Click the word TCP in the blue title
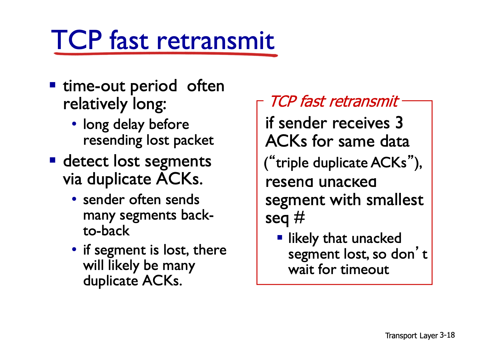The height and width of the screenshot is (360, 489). click(x=77, y=40)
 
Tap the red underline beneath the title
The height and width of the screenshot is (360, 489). click(x=166, y=54)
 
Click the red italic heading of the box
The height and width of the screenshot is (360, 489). click(x=334, y=102)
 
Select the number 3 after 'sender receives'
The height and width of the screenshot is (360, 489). click(x=399, y=123)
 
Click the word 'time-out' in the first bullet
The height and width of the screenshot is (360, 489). click(x=94, y=86)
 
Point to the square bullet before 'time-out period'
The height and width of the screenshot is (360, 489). click(x=53, y=85)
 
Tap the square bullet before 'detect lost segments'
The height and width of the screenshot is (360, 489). click(x=53, y=160)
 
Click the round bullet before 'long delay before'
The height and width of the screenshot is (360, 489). click(x=74, y=124)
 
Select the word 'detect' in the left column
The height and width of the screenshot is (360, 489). click(x=86, y=161)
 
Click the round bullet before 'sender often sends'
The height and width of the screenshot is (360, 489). click(x=74, y=199)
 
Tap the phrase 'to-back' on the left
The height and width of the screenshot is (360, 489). click(x=106, y=231)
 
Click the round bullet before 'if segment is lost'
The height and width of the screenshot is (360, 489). click(x=74, y=249)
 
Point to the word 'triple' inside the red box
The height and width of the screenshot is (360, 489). click(x=292, y=163)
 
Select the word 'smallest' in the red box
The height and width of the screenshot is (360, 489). click(x=395, y=200)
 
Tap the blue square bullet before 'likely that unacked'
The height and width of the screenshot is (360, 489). click(x=280, y=237)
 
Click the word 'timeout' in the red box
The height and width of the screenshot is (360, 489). click(x=365, y=269)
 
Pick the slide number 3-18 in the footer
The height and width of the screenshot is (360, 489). click(x=447, y=335)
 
